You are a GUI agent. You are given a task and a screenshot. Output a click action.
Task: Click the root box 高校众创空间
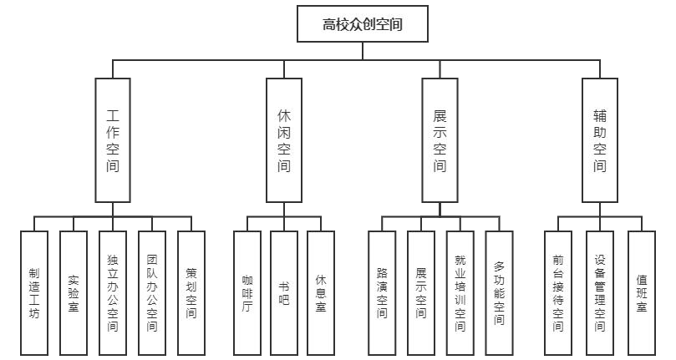363,24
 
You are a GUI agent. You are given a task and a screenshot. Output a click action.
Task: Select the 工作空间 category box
113,139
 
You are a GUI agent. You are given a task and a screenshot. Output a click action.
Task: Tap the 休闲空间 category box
284,139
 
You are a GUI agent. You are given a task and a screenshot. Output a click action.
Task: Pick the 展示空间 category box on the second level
440,139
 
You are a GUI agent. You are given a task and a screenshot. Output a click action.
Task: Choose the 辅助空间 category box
600,139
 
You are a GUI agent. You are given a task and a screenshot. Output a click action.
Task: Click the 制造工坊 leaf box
33,293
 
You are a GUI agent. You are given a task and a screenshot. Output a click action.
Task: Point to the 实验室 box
74,293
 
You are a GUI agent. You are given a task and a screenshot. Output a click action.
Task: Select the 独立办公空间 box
113,293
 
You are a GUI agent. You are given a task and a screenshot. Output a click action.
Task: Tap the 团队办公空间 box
151,293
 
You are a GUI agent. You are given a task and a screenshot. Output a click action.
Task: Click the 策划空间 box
191,293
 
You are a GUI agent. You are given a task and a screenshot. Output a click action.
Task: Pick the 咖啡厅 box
247,293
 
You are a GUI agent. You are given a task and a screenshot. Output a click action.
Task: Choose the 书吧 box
284,293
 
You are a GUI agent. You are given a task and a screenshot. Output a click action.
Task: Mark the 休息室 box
321,293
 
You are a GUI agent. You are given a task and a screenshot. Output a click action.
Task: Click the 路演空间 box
382,293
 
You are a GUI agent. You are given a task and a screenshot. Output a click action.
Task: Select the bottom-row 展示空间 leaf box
421,293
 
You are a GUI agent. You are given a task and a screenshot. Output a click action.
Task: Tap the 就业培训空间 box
460,293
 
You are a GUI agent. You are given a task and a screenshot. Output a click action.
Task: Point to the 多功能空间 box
499,293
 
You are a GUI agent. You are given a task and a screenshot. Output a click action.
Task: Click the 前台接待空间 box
558,293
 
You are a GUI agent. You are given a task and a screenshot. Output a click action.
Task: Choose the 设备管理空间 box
599,293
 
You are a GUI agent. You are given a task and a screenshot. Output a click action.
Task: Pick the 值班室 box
641,293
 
